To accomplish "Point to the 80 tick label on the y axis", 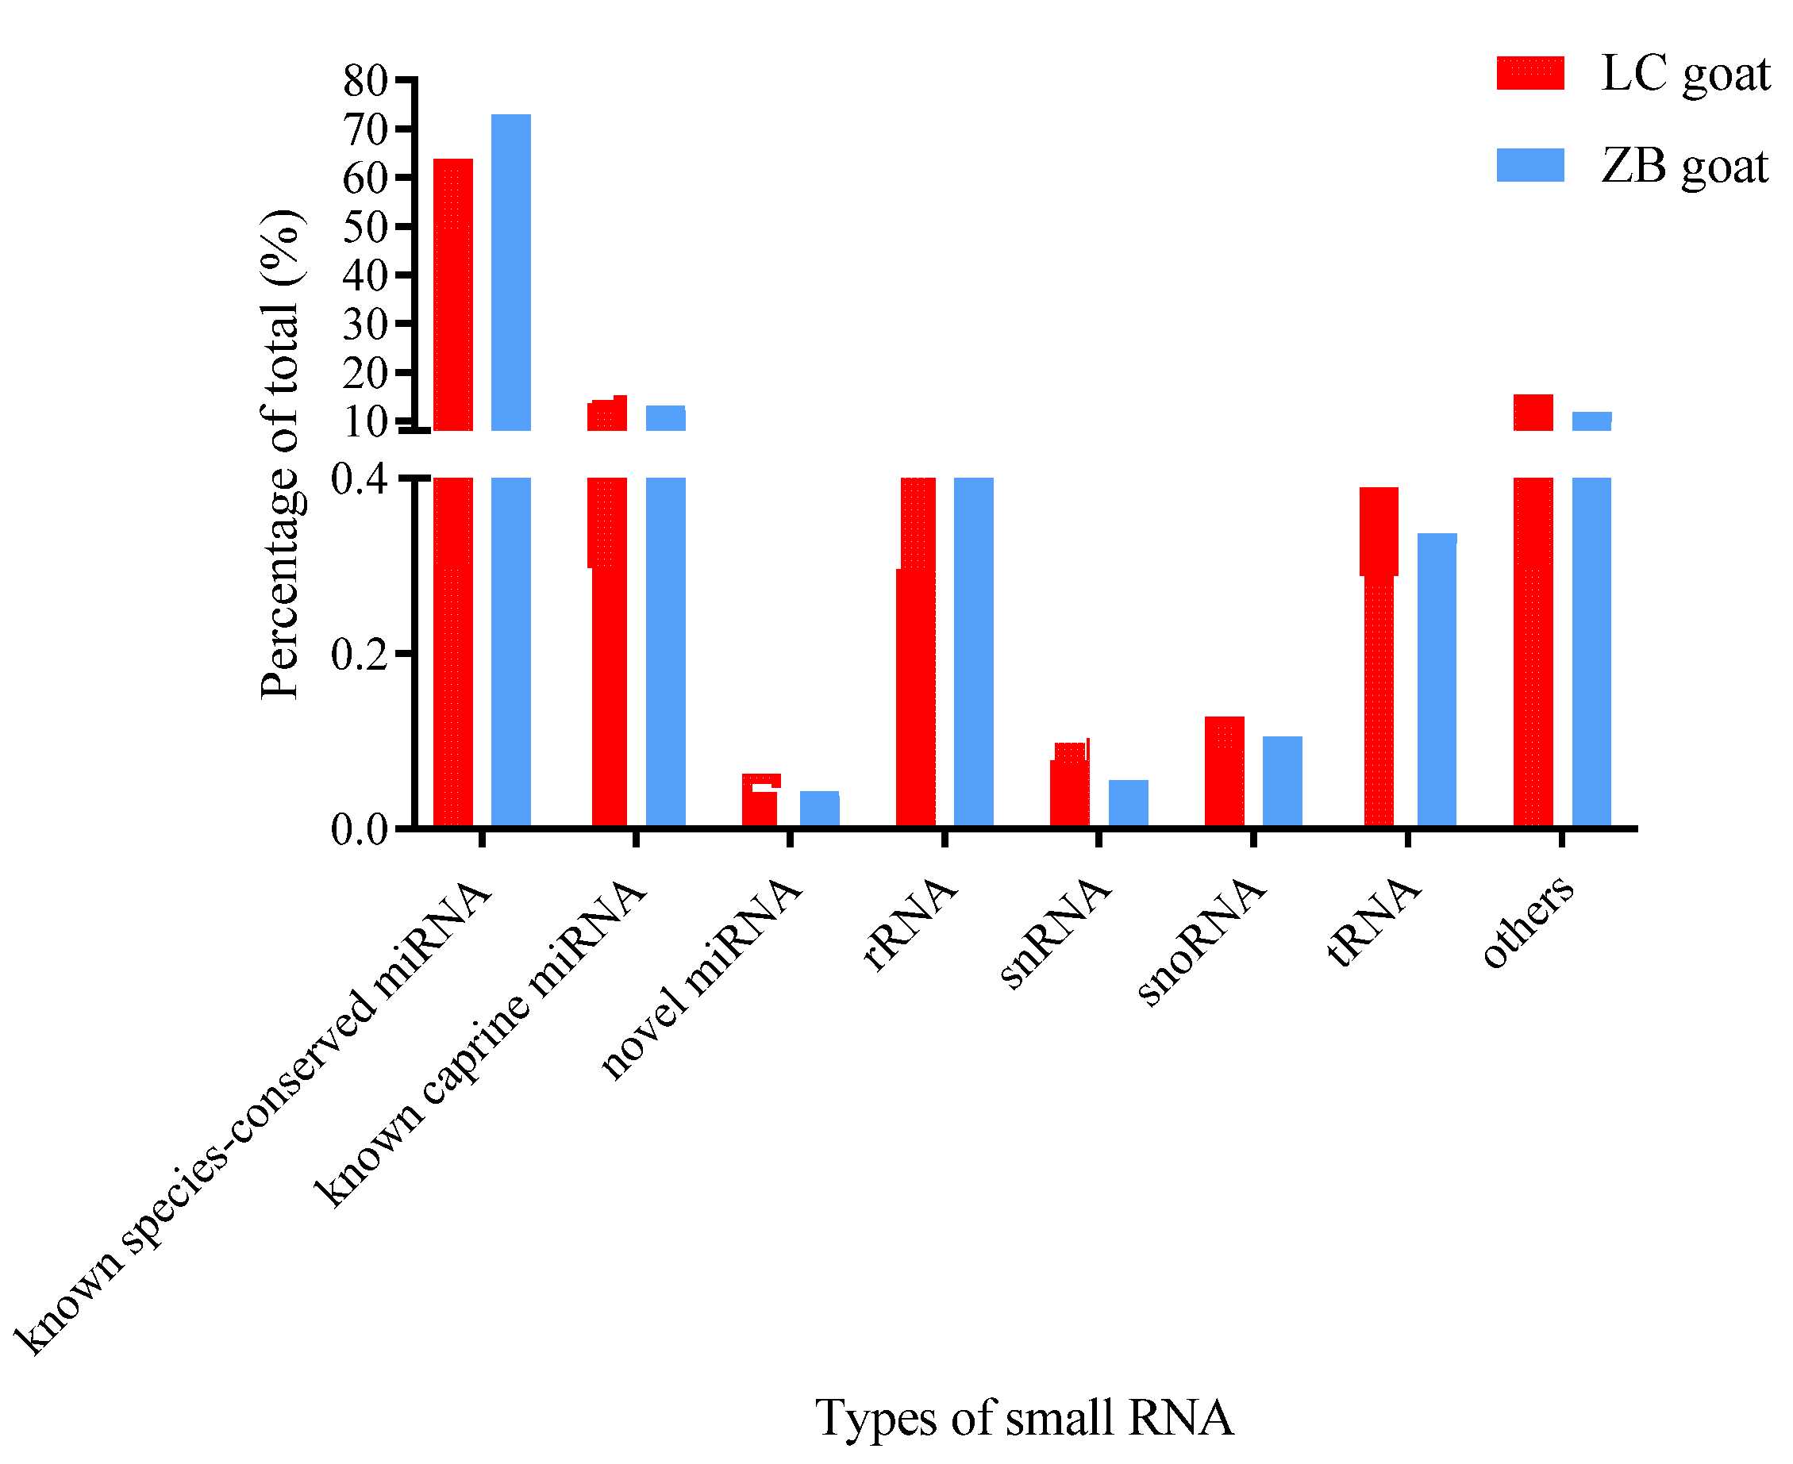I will click(364, 82).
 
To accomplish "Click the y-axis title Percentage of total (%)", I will click(281, 455).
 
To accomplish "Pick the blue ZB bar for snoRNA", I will click(1282, 781).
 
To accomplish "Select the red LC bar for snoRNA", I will click(1224, 770).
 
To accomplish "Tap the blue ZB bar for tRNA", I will click(1437, 680).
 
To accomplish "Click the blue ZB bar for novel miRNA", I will click(819, 809).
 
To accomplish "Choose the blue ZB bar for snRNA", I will click(1128, 803).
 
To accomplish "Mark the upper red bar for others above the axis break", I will click(1533, 413).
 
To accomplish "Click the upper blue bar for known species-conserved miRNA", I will click(511, 272).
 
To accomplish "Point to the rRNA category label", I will click(911, 924).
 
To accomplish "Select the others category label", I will click(1528, 921).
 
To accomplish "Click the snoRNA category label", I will click(1202, 940).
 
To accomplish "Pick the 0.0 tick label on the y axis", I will click(360, 830).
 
